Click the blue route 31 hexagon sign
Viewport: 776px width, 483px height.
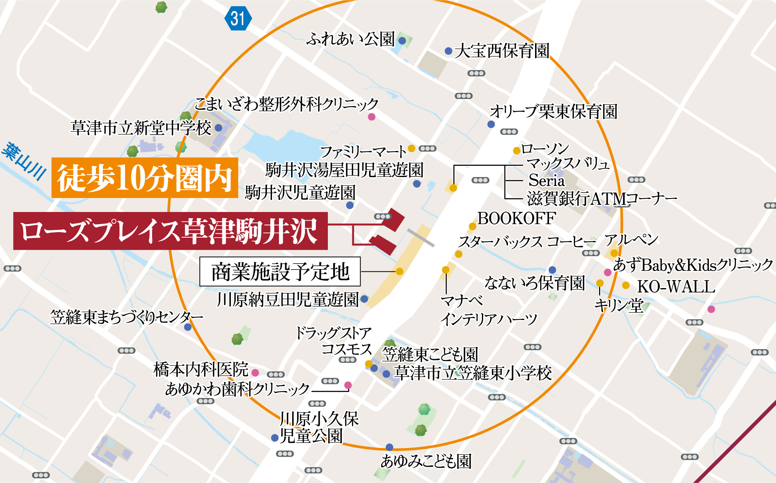[x=238, y=18]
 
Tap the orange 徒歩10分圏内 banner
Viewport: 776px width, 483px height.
[x=145, y=178]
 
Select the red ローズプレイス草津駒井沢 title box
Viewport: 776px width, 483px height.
[x=170, y=231]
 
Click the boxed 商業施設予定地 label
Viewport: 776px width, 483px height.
[x=280, y=271]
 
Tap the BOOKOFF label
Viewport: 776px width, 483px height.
[x=516, y=218]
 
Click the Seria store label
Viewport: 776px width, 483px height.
[x=546, y=181]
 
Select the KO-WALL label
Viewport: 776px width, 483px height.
[x=676, y=287]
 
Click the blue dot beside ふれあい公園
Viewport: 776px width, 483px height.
[x=402, y=40]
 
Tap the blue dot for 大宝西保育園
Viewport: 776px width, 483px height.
[x=449, y=51]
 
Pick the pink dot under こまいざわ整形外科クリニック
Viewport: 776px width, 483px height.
[x=372, y=116]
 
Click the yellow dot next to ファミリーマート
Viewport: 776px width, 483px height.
[x=412, y=148]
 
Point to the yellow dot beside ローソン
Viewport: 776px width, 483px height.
[x=516, y=151]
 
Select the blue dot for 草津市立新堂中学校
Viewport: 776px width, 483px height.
[x=218, y=127]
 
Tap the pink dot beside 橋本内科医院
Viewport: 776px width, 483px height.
[x=255, y=373]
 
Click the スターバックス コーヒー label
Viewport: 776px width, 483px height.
[x=527, y=242]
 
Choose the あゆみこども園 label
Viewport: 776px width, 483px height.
[x=426, y=461]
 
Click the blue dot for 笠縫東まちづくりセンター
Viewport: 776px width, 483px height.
[x=188, y=327]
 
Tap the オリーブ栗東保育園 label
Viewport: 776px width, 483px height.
[x=553, y=112]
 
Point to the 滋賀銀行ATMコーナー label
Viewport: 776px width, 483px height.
[x=602, y=199]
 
